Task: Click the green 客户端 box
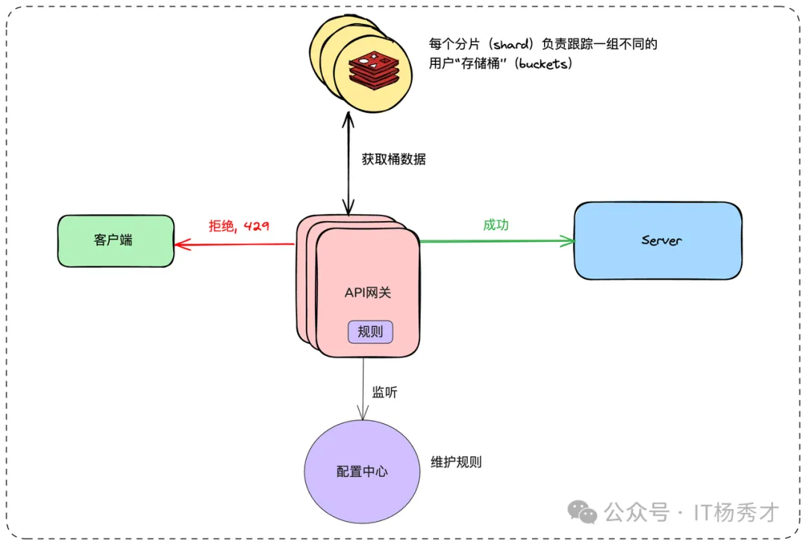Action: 116,240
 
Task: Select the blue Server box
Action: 657,240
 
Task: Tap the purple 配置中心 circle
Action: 362,471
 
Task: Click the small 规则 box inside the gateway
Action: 370,331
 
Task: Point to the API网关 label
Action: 367,293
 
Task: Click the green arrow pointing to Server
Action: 496,241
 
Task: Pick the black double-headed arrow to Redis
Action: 346,161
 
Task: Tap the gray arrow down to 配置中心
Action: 363,388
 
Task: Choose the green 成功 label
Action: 496,224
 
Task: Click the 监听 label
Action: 384,392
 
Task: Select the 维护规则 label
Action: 456,462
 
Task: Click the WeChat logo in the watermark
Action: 582,511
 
